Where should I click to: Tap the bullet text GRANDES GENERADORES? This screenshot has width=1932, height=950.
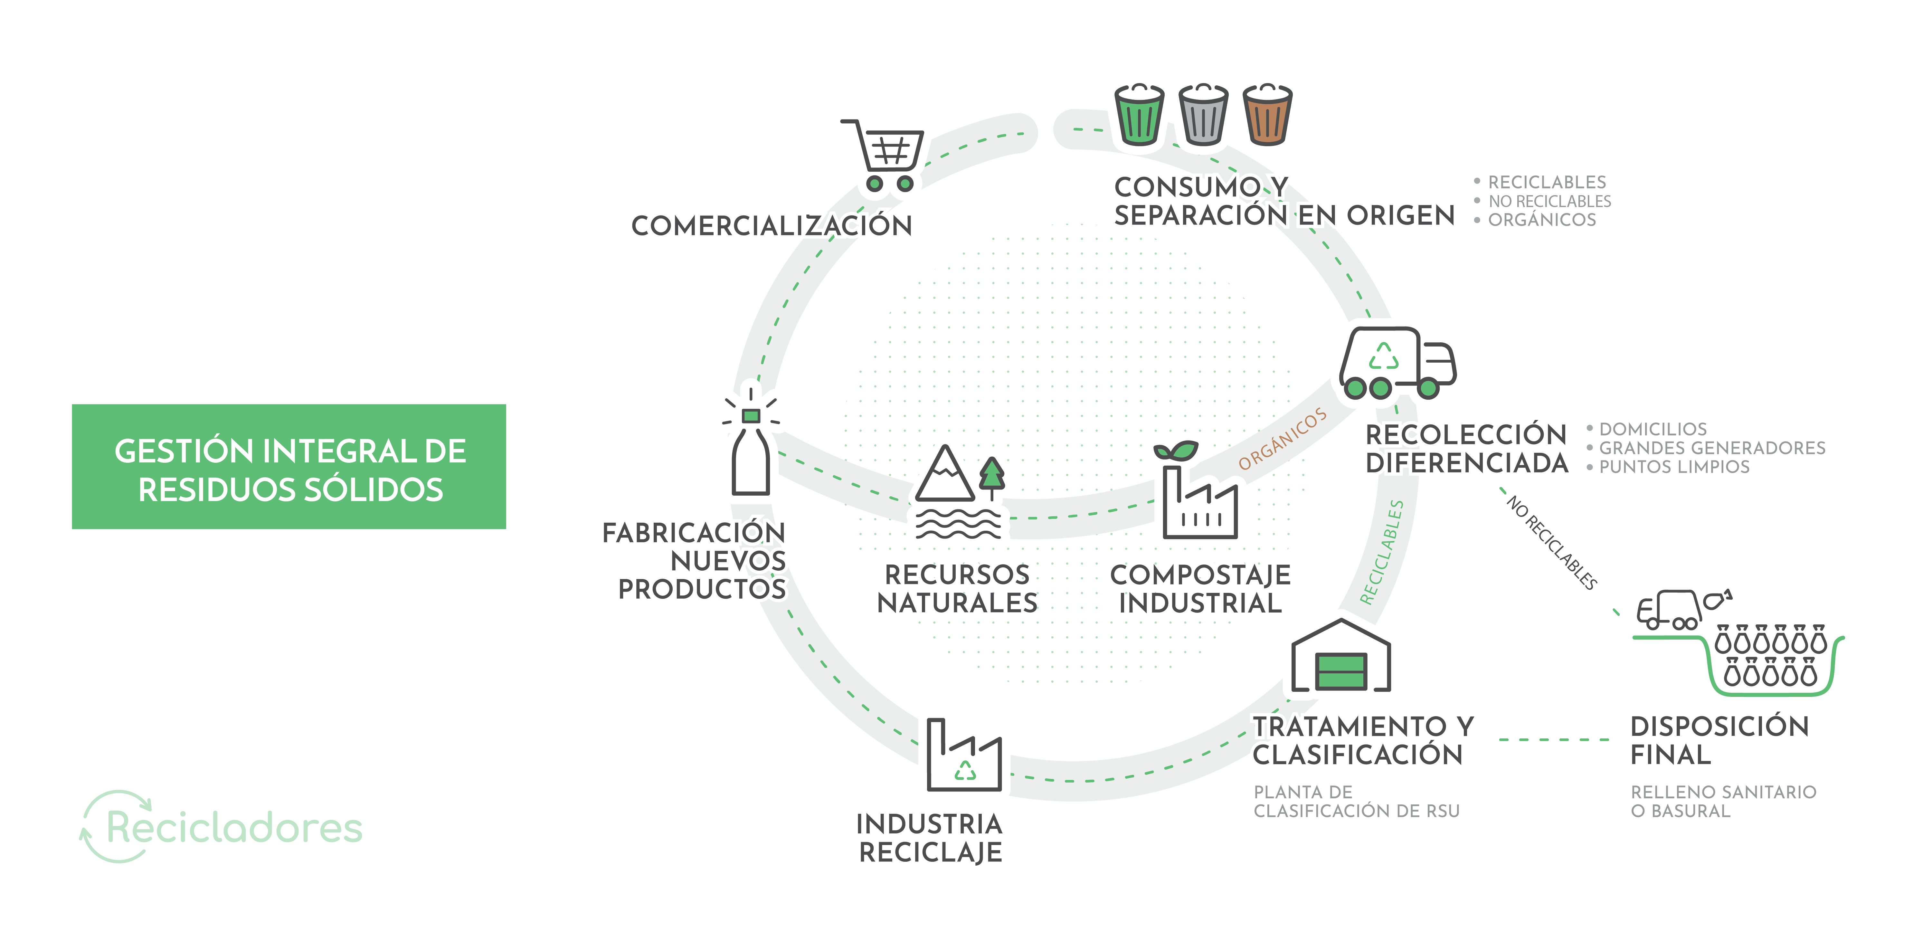[x=1712, y=448]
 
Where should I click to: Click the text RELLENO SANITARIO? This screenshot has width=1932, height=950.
[x=1723, y=792]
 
